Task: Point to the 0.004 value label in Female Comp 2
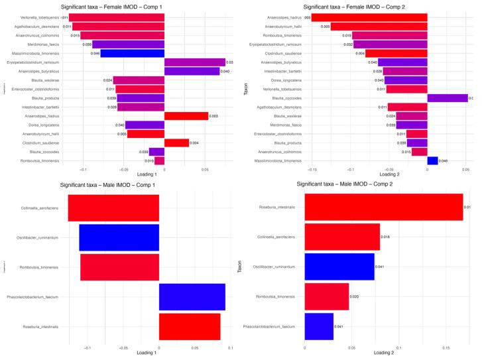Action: pyautogui.click(x=360, y=53)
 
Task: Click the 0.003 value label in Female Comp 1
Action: pyautogui.click(x=213, y=115)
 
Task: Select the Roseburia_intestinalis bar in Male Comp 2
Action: pyautogui.click(x=383, y=206)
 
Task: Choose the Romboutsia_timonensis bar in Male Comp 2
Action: pyautogui.click(x=326, y=296)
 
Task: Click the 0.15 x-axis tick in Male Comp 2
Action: pyautogui.click(x=446, y=347)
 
